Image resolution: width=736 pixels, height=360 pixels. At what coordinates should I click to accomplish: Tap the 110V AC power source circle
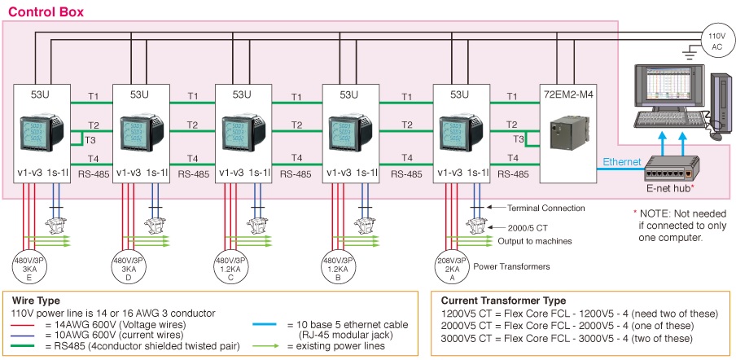716,41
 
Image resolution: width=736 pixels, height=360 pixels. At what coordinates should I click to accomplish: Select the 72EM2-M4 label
570,94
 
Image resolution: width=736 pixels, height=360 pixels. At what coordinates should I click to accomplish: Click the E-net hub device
668,172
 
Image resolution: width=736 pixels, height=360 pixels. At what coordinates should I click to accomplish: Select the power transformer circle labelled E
30,265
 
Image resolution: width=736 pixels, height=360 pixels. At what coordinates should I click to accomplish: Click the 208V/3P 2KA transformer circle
451,264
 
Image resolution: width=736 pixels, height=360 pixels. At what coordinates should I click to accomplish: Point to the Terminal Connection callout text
546,209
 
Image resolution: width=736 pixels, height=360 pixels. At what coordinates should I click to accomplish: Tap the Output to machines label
533,242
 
